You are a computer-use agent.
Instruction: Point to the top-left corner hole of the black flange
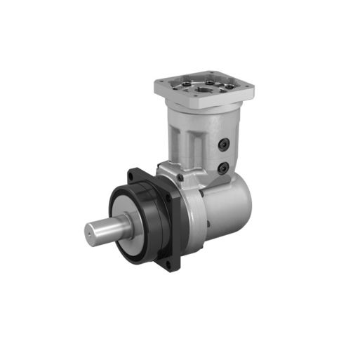[131, 173]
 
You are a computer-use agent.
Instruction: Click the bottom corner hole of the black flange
[171, 265]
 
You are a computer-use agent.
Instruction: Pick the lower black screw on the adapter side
[223, 168]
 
